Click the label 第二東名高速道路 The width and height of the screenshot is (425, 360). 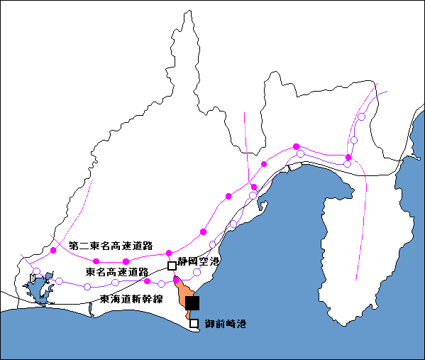[111, 246]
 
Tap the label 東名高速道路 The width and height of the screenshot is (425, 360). [117, 272]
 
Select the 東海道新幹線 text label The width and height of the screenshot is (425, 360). [131, 299]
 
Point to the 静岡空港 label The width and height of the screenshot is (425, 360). [198, 261]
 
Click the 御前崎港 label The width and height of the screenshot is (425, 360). [226, 324]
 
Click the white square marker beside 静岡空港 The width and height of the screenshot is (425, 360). [172, 266]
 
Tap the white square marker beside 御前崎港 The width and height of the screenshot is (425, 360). [194, 323]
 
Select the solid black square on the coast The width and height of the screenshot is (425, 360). [192, 303]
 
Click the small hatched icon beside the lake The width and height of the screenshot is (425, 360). [33, 278]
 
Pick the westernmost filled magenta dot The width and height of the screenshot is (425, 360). [53, 250]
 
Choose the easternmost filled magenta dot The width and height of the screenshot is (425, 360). [348, 158]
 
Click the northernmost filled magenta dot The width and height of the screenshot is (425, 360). [297, 147]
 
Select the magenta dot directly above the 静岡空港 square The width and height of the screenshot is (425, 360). [169, 253]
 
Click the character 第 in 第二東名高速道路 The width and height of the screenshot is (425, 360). [73, 246]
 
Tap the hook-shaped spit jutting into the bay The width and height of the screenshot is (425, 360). [263, 204]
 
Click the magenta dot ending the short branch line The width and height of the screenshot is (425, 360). [254, 187]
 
